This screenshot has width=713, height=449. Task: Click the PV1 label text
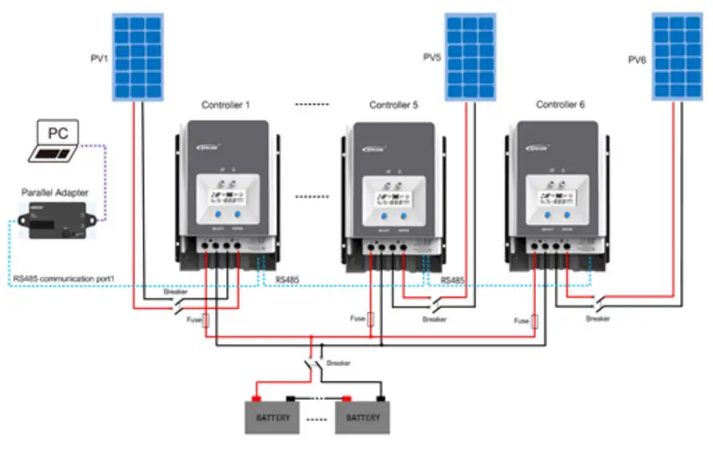point(100,59)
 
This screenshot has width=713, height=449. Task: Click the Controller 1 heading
point(226,105)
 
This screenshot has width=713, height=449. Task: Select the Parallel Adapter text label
point(56,193)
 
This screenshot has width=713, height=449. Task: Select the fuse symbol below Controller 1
point(206,320)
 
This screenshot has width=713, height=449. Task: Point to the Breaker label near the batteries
point(339,363)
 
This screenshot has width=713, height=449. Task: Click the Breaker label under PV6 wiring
point(598,319)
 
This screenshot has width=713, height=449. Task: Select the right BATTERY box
point(363,418)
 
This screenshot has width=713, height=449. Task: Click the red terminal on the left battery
point(256,398)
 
